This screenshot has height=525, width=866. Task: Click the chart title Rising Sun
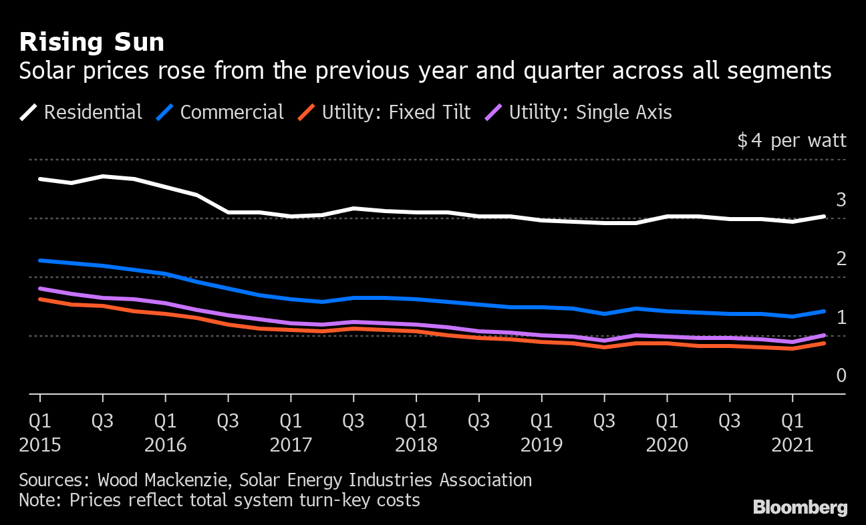(x=92, y=42)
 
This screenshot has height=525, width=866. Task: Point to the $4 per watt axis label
(x=791, y=141)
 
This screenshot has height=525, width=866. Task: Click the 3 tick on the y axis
(x=841, y=199)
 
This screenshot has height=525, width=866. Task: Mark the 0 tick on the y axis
(x=841, y=375)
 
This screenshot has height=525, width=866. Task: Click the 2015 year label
(x=40, y=444)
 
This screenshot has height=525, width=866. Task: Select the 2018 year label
(x=416, y=444)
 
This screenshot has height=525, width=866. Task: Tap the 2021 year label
(x=792, y=444)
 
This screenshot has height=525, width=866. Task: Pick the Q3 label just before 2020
(x=604, y=421)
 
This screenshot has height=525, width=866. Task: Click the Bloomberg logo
(x=800, y=508)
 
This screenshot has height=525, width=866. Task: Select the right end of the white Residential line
(x=824, y=216)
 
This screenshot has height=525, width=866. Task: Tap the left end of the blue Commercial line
(x=40, y=260)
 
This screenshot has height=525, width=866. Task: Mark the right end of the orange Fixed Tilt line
(x=824, y=343)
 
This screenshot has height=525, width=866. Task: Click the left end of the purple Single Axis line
(x=40, y=289)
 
